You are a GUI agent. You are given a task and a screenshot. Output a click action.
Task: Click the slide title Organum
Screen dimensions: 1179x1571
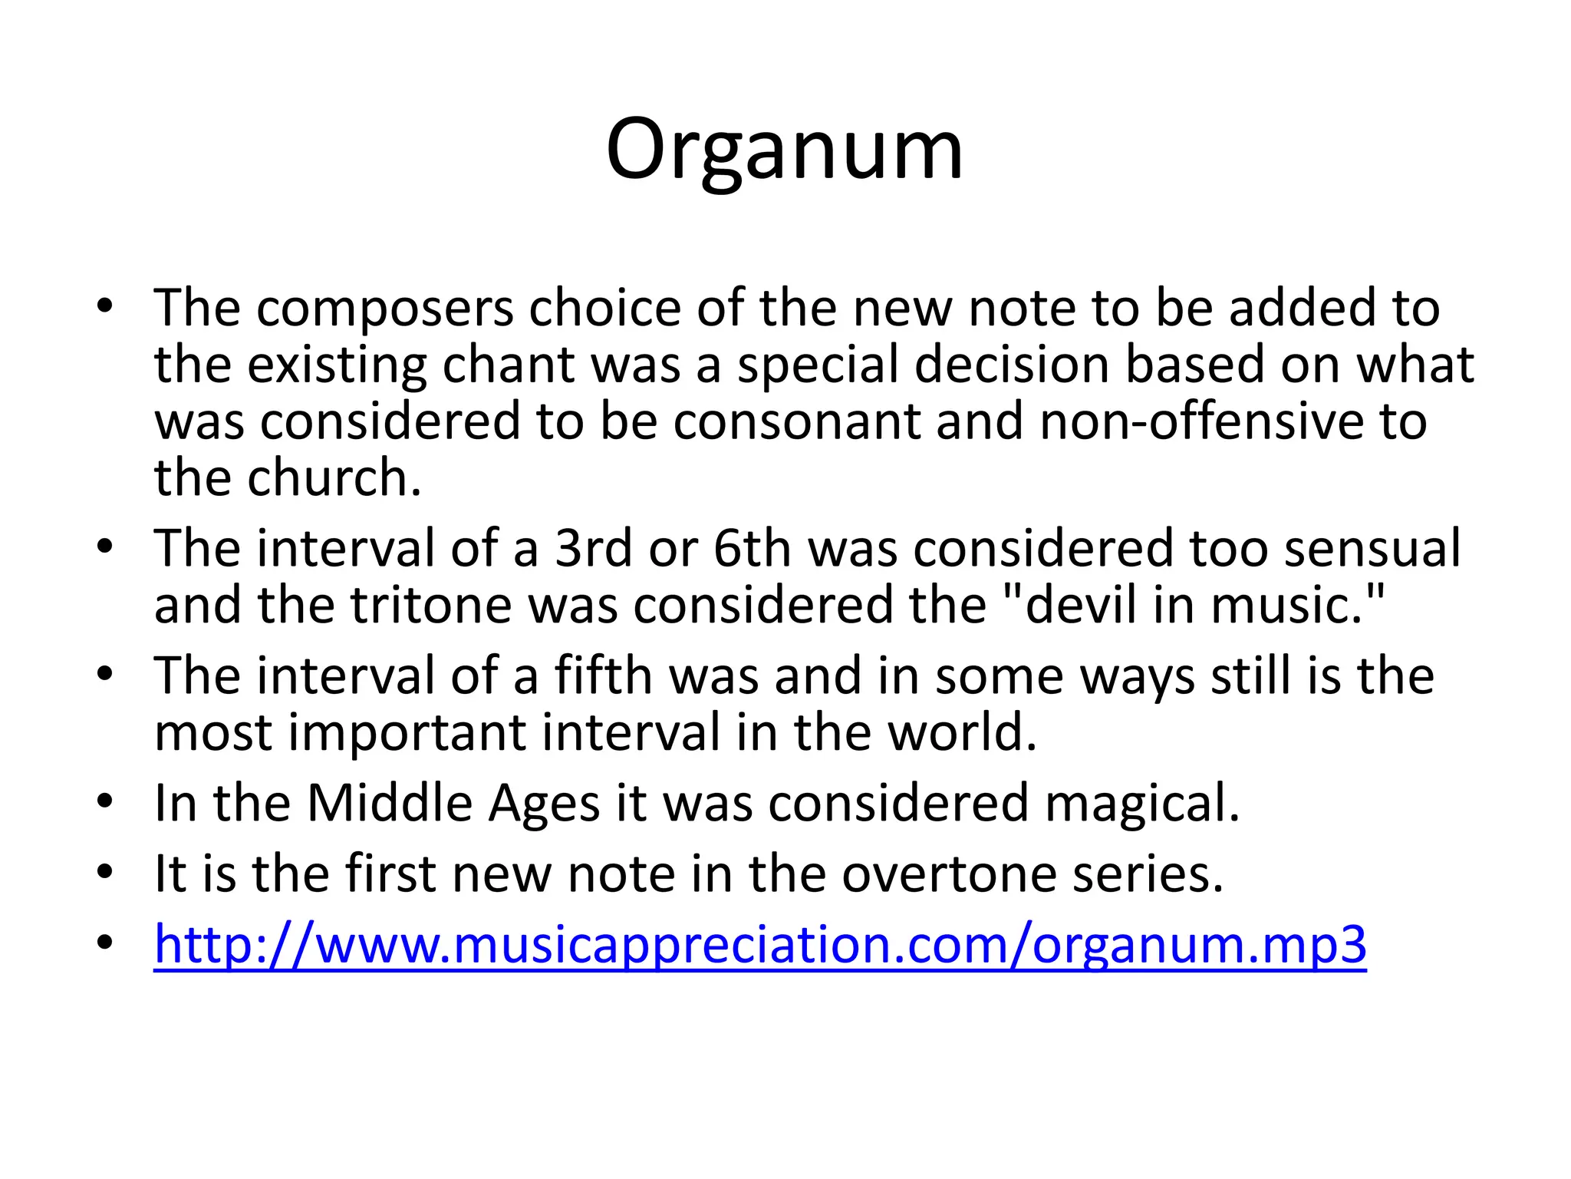coord(784,150)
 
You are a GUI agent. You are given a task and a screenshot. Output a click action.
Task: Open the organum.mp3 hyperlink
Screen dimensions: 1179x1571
coord(759,943)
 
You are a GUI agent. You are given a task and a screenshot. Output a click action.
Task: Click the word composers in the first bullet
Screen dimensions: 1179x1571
coord(384,309)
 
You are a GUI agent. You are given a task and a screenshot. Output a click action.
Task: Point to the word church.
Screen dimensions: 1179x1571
coord(334,477)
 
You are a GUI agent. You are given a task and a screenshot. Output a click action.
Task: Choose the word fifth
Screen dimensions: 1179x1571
coord(604,675)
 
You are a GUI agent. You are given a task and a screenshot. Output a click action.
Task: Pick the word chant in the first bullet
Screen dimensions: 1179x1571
coord(508,365)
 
